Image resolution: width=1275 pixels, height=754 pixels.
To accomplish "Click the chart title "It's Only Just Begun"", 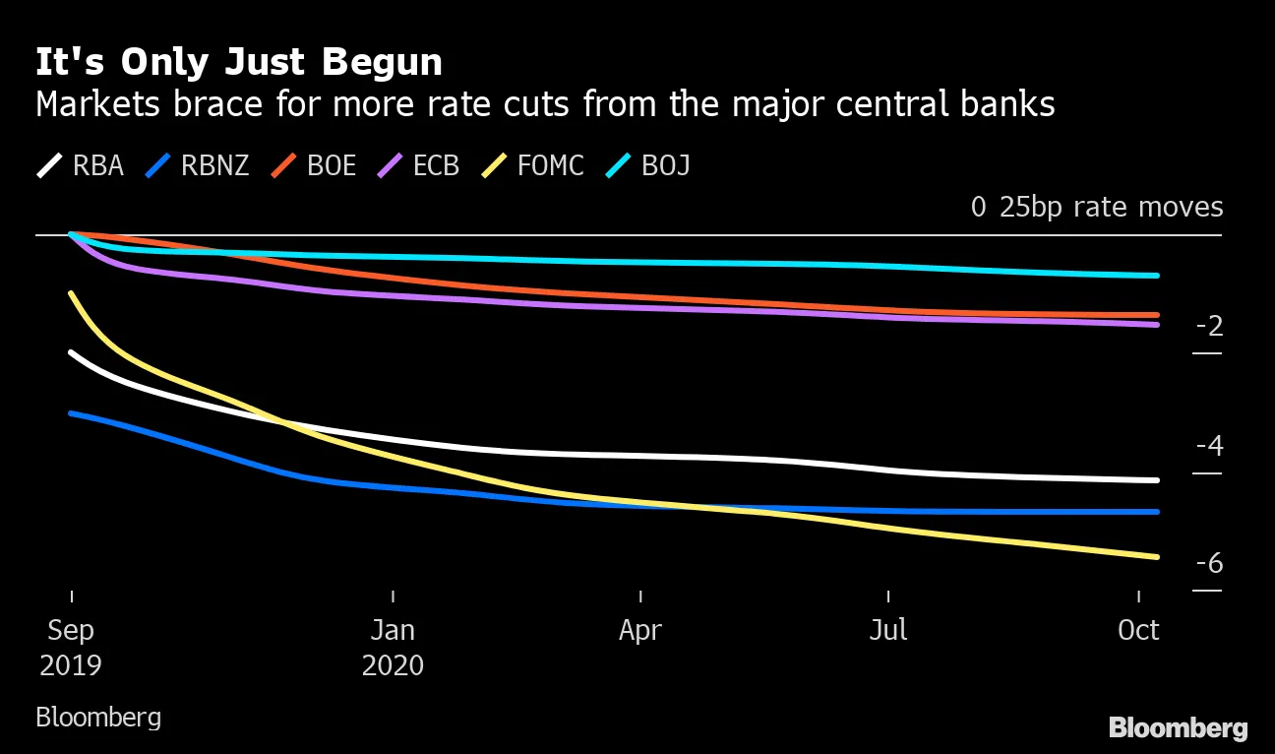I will pos(239,63).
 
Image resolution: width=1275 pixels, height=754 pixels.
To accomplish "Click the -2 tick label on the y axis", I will pos(1209,327).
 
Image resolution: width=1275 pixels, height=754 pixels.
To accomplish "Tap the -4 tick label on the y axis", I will pos(1209,446).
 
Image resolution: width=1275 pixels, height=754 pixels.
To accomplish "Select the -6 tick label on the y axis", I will pos(1209,563).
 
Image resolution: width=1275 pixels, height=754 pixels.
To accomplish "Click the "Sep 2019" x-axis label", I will pos(71,647).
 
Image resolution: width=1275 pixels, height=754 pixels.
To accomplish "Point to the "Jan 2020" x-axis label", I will pos(393,647).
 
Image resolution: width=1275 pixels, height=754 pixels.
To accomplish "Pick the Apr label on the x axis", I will pos(640,630).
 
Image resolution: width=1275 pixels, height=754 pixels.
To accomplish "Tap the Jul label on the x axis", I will pos(888,630).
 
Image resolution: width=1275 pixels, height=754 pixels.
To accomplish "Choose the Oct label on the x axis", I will pos(1138,630).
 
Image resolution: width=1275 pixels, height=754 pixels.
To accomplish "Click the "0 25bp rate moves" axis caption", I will pos(1097,208).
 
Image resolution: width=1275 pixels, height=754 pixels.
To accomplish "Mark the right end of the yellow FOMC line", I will pos(1157,557).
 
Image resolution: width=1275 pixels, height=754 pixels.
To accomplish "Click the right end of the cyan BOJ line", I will pos(1157,276).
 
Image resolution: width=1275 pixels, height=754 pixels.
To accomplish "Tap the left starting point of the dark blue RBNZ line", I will pos(71,413).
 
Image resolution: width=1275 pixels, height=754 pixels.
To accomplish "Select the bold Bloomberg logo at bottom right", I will pos(1178,728).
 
